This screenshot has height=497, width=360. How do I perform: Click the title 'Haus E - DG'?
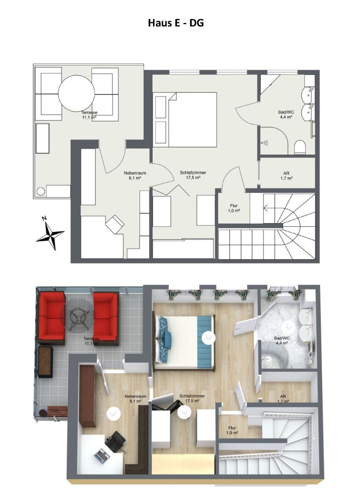point(176,23)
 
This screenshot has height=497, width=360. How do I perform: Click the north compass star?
point(50,236)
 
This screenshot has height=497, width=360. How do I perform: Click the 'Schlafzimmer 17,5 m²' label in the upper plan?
point(193,175)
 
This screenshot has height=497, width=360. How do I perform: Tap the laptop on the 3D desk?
point(101,455)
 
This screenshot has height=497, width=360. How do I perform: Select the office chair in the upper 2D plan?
point(115,225)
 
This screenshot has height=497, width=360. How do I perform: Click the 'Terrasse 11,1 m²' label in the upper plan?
point(90,115)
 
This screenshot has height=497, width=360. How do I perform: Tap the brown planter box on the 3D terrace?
point(45,362)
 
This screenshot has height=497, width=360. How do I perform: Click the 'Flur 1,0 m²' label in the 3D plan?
point(233,430)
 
